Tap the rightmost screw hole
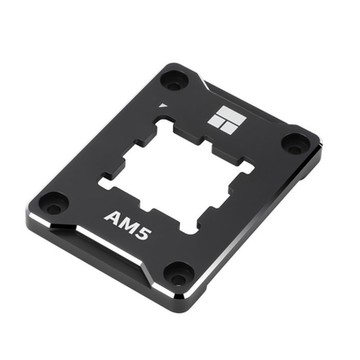(295, 143)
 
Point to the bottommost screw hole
(179, 271)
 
